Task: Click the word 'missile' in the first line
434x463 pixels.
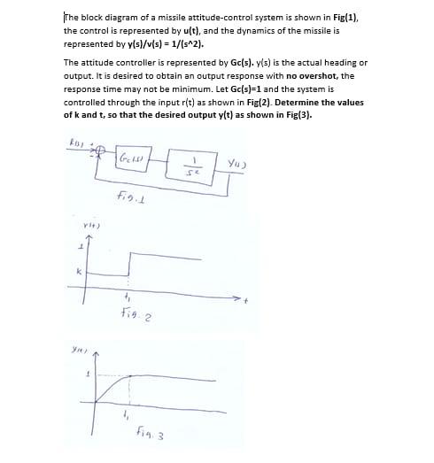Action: click(x=171, y=18)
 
